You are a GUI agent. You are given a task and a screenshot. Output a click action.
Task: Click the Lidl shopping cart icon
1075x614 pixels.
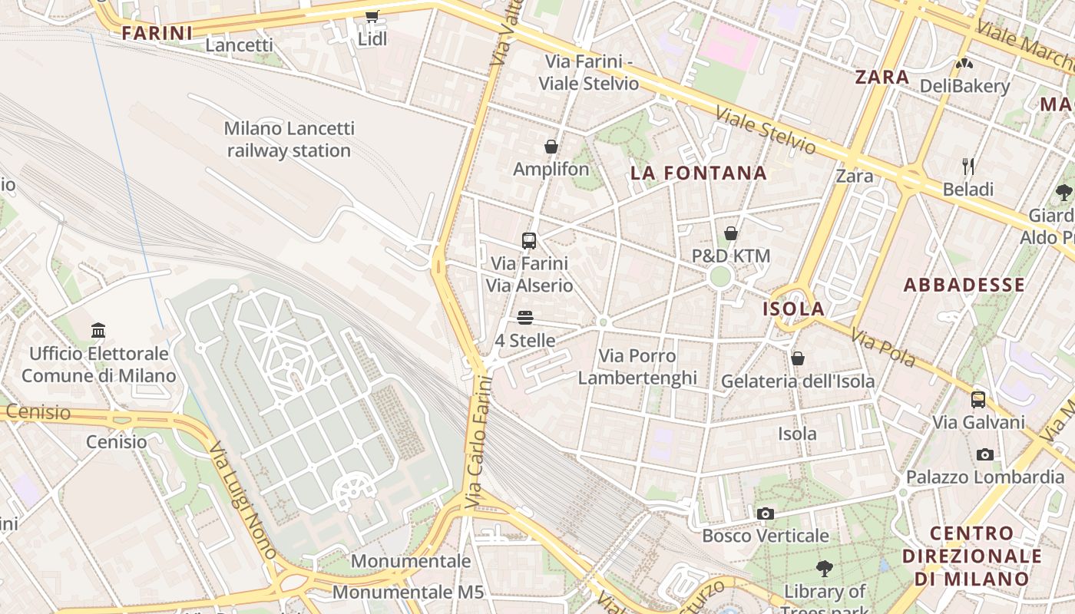coord(372,16)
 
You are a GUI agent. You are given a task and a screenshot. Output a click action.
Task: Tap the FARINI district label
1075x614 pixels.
coord(157,33)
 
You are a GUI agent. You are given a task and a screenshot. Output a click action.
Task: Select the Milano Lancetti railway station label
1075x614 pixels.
coord(289,139)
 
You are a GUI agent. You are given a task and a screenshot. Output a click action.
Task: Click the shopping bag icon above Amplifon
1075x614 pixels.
coord(551,146)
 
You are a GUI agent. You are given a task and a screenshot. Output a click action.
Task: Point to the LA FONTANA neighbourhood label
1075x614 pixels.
coord(699,173)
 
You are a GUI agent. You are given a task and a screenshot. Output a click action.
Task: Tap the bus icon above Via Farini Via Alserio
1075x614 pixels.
coord(529,241)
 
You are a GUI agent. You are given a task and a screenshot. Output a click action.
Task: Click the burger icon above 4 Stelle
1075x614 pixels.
coord(525,318)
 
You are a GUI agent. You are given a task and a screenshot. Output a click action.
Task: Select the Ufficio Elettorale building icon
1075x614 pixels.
coord(98,330)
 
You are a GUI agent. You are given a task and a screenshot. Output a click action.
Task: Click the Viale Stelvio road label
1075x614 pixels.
coord(765,130)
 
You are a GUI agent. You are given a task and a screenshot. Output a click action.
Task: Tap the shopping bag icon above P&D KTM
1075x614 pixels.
coord(731,233)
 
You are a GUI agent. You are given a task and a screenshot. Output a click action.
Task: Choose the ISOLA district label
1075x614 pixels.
coord(793,309)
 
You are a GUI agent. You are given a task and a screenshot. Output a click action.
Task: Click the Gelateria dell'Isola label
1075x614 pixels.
coord(797,381)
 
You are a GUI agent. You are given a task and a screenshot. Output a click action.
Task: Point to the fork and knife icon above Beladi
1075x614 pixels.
coord(968,166)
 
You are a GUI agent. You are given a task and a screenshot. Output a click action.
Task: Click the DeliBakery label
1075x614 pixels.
coord(964,86)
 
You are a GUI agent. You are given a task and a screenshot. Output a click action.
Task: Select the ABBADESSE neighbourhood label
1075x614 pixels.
coord(964,285)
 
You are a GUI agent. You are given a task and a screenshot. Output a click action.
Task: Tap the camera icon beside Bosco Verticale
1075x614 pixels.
coord(765,513)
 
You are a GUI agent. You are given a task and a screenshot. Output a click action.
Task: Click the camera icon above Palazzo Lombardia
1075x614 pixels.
coord(985,454)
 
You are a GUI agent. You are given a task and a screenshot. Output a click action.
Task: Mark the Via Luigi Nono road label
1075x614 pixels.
coord(243,499)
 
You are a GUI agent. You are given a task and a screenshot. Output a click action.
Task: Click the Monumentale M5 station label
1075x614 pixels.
coord(408,593)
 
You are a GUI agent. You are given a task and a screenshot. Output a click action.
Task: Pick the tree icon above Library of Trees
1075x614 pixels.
coord(825,569)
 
